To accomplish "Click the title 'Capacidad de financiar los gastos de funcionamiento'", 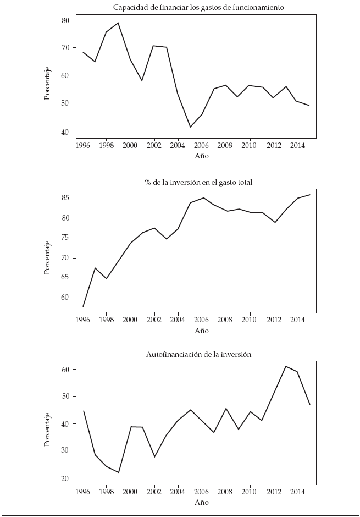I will tap(198, 7).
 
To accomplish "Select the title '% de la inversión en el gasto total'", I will tap(198, 182).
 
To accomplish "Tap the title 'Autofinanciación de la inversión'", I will tap(198, 355).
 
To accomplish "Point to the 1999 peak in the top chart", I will tap(118, 23).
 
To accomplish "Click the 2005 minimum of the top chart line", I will tap(190, 127).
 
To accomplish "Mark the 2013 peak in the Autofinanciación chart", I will tap(286, 366).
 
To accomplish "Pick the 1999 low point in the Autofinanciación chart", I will tap(118, 472).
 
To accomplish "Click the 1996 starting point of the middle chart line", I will tap(83, 306).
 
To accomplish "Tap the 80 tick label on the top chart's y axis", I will tap(65, 20).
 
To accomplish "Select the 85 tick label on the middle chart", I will tap(65, 197).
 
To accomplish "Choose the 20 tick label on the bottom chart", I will tap(65, 480).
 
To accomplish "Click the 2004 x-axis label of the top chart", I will tap(178, 146).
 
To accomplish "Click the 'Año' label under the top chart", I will tap(202, 156).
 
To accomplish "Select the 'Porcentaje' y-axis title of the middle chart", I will tap(48, 258).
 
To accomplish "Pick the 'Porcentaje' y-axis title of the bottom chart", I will tap(48, 430).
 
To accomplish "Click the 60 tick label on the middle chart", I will tap(65, 298).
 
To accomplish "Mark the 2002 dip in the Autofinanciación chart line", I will tap(154, 457).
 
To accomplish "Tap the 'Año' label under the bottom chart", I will tap(202, 502).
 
